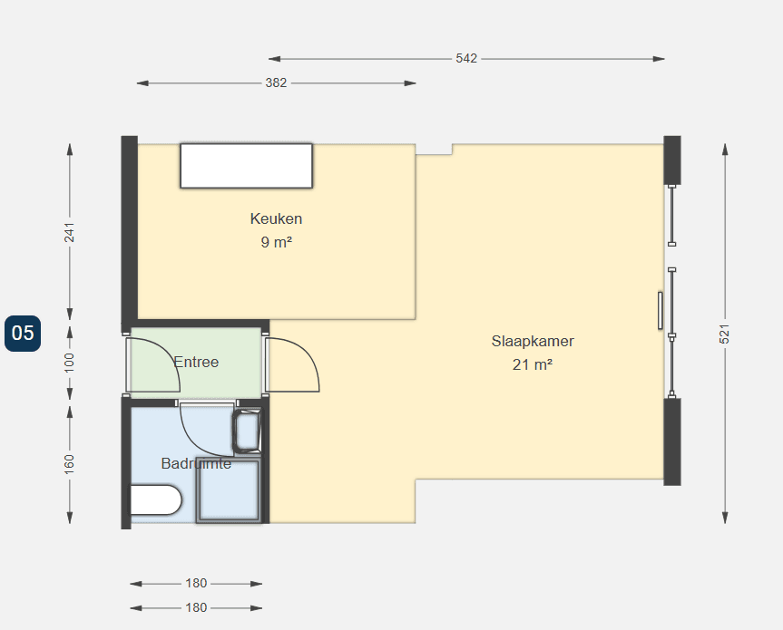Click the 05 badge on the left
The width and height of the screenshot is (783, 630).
coord(23,334)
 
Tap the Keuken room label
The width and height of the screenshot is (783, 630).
coord(276,218)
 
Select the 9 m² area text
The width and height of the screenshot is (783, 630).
coord(276,242)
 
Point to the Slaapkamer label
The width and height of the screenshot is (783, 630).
coord(533,341)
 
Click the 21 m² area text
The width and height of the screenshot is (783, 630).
coord(533,364)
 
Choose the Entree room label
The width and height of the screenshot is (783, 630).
coord(196,362)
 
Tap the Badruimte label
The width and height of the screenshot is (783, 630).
coord(196,463)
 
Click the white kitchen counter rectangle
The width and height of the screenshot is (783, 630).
coord(247,166)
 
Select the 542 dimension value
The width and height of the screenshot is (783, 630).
coord(466,58)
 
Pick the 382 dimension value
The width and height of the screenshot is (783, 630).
coord(276,82)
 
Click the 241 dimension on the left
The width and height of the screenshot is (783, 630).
coord(70,232)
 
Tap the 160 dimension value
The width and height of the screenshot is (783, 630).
coord(70,464)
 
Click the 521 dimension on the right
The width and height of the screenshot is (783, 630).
coord(725,334)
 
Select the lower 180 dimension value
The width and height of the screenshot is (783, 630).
coord(196,607)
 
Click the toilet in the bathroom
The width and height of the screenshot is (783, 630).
coord(247,431)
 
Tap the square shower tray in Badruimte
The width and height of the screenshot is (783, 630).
coord(229,489)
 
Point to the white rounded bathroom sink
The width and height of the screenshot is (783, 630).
coord(156,499)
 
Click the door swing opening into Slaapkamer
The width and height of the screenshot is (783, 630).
coord(292,364)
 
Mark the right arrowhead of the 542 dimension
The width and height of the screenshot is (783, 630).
coord(659,59)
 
